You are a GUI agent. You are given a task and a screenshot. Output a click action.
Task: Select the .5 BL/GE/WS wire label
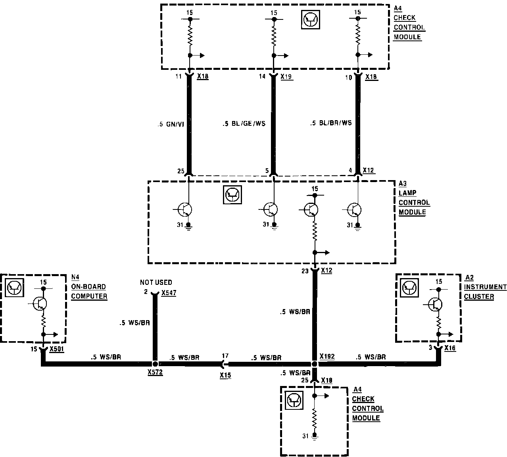tap(244, 124)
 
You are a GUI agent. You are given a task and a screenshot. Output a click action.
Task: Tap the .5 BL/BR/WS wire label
tap(331, 123)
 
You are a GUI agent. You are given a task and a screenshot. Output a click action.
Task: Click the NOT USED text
tap(156, 282)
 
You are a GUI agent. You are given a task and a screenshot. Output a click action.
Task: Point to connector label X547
tap(169, 293)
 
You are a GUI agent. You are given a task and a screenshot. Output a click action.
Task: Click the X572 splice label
tap(155, 373)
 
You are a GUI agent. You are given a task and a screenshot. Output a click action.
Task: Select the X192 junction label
tap(327, 357)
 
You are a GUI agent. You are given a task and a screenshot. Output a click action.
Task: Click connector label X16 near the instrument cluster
tap(450, 348)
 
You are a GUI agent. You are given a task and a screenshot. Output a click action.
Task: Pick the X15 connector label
tap(225, 375)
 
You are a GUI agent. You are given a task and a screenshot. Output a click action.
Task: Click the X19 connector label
tap(286, 77)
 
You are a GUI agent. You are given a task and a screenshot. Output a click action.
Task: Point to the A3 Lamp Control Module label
tap(414, 198)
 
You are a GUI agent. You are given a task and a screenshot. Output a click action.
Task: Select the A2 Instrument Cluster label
tap(485, 287)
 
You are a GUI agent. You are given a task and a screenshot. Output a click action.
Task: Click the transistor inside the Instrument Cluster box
tap(436, 304)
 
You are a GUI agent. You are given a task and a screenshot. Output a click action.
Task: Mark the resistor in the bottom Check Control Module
tap(314, 417)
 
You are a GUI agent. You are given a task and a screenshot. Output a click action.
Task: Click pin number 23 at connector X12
tap(305, 272)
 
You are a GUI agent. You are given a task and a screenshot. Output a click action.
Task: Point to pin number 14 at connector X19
tap(262, 77)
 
